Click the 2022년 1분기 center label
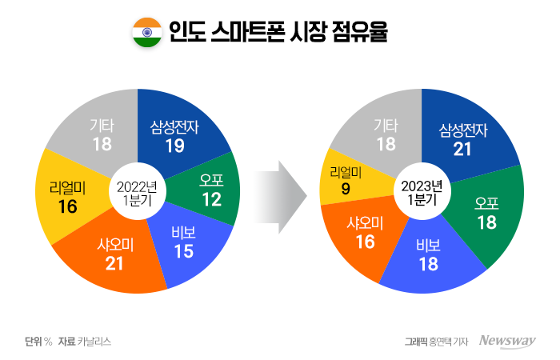point(137,191)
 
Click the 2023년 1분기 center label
point(422,192)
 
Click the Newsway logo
point(506,341)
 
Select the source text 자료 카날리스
point(84,341)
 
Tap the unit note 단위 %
point(38,341)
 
